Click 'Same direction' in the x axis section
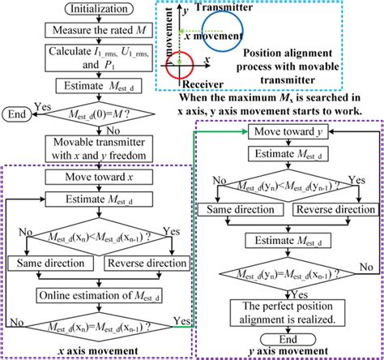(49, 263)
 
